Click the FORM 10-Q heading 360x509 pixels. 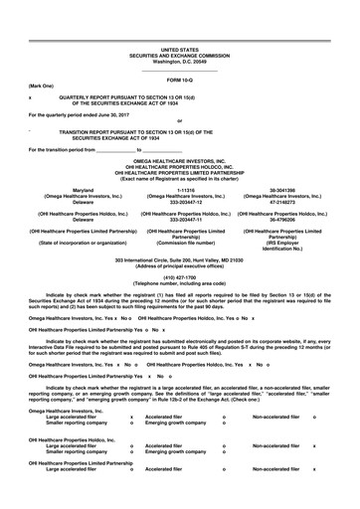tap(180, 78)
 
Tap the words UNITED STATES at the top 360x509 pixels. tap(180, 48)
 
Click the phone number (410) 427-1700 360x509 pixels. tap(180, 277)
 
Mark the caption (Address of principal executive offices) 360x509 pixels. tap(180, 265)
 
